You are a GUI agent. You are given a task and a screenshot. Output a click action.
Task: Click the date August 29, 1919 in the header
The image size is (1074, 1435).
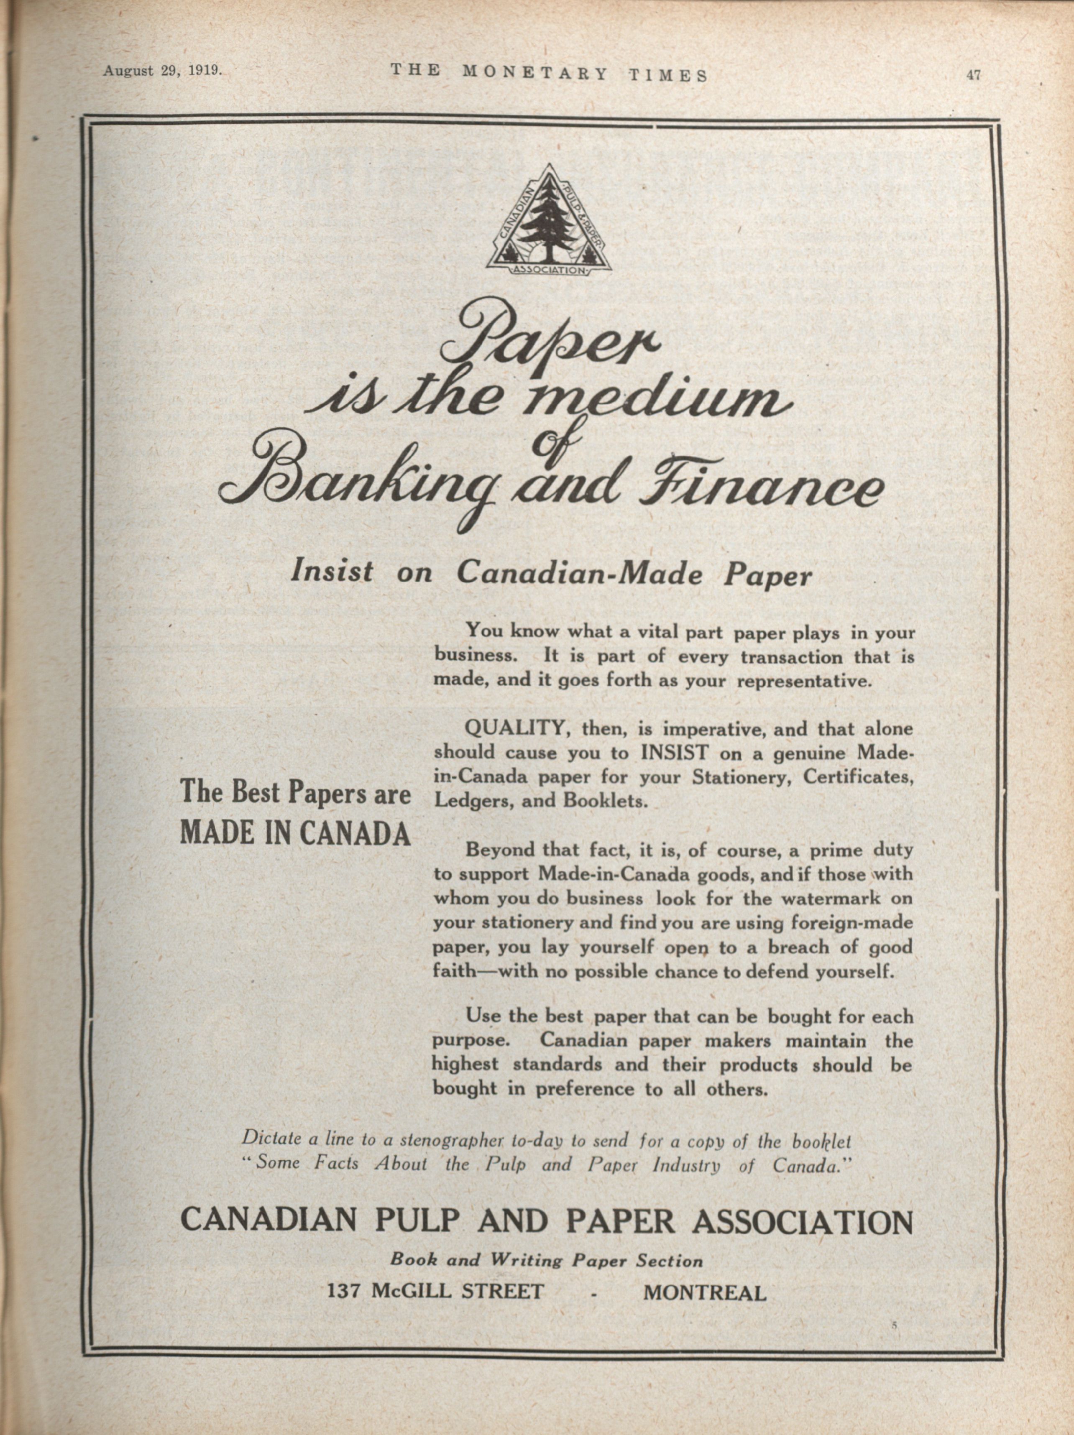(x=162, y=71)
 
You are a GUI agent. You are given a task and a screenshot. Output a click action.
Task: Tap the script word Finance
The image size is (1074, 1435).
(x=759, y=487)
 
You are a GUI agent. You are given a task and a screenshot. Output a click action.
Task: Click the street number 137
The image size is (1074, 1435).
(x=345, y=1291)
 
